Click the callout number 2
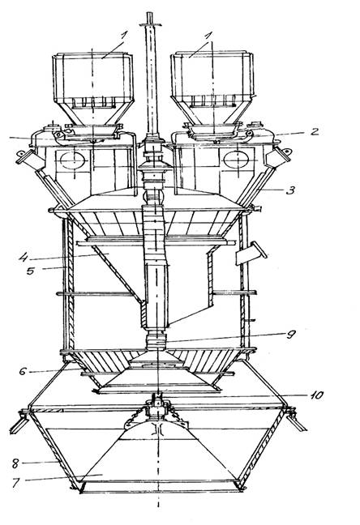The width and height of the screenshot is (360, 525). point(314,131)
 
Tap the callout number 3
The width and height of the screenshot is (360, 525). point(290,190)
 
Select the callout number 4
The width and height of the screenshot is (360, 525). point(23,258)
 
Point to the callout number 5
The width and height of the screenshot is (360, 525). point(31,271)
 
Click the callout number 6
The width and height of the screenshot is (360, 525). point(23,371)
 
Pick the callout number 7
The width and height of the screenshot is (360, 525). point(16,484)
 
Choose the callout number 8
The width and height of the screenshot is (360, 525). point(15,464)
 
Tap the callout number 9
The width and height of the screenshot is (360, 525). point(290,335)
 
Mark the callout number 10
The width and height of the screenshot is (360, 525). point(315,395)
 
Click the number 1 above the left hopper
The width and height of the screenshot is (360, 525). point(124,36)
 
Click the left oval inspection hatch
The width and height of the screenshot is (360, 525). point(72,160)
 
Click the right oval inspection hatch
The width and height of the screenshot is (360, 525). point(236,160)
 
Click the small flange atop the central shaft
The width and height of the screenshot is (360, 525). point(151,24)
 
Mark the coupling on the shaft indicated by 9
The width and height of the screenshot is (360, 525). point(156,341)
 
